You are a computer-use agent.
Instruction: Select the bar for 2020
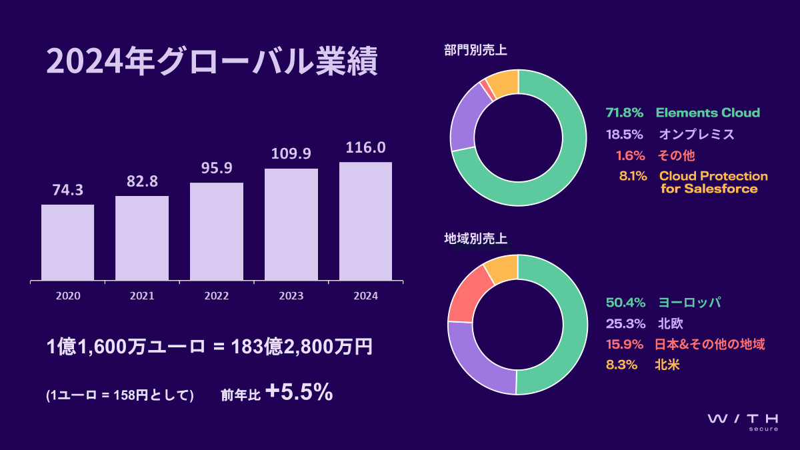tap(67, 242)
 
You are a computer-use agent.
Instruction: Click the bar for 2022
tap(216, 231)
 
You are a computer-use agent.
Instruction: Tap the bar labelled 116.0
tap(365, 221)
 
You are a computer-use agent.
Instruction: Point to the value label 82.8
tap(142, 182)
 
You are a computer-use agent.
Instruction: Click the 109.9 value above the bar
tap(291, 154)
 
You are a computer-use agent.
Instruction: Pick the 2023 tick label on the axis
tap(291, 295)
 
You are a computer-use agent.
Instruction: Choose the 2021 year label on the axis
tap(142, 295)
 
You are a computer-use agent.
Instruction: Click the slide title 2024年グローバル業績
tap(213, 63)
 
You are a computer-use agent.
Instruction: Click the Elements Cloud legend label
tap(708, 113)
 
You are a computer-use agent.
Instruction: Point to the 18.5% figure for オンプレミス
tap(624, 134)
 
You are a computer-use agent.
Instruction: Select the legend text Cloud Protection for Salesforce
tap(713, 182)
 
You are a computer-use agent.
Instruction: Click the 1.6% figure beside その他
tap(630, 155)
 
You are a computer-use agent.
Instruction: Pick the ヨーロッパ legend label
tap(690, 303)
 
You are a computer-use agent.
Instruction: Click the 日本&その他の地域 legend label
tap(711, 344)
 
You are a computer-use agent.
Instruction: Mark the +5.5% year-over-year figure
tap(299, 393)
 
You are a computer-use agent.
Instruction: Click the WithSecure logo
tap(743, 421)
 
